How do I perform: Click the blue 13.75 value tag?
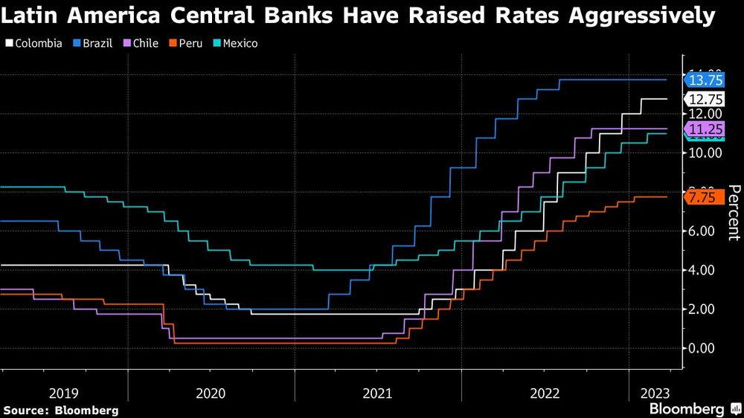[x=705, y=80]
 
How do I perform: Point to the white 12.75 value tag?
[x=705, y=99]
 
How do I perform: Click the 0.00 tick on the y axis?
[x=705, y=348]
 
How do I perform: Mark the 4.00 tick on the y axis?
[x=705, y=270]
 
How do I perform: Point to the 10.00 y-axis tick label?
[x=705, y=152]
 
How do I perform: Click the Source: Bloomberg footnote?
[x=61, y=410]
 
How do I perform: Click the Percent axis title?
[x=733, y=213]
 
